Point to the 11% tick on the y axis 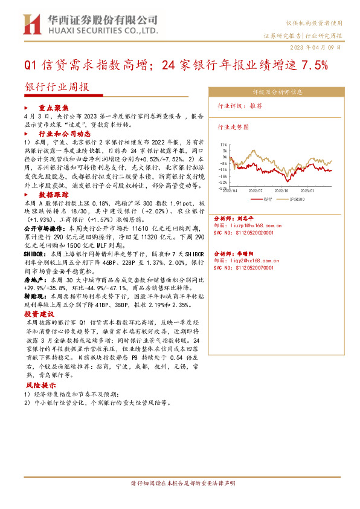click(x=223, y=145)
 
